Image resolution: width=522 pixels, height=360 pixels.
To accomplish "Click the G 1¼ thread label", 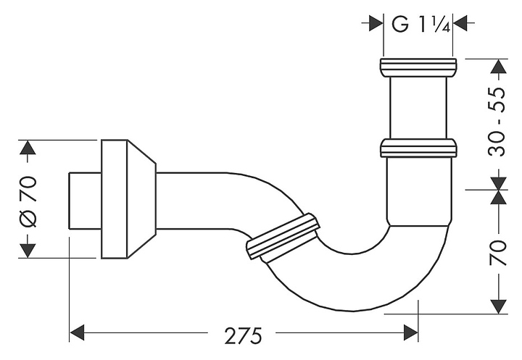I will click(421, 23).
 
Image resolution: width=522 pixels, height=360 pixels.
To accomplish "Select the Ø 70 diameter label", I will click(28, 198).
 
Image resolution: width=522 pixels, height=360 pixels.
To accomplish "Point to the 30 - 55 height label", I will click(497, 124).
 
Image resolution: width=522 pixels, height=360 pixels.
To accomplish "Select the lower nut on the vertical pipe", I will click(419, 149).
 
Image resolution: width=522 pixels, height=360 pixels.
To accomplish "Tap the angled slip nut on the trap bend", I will click(283, 236).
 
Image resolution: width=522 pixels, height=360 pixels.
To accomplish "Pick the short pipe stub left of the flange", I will click(84, 198).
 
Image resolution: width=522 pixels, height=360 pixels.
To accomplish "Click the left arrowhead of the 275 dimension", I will click(78, 333).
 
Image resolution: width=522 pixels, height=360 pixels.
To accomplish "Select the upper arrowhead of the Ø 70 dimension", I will click(28, 148).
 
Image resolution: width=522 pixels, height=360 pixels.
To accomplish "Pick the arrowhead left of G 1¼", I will click(375, 23).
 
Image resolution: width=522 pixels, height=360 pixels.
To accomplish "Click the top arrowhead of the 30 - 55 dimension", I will click(497, 67).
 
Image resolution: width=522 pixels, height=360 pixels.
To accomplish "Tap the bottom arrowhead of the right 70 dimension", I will click(497, 305).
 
